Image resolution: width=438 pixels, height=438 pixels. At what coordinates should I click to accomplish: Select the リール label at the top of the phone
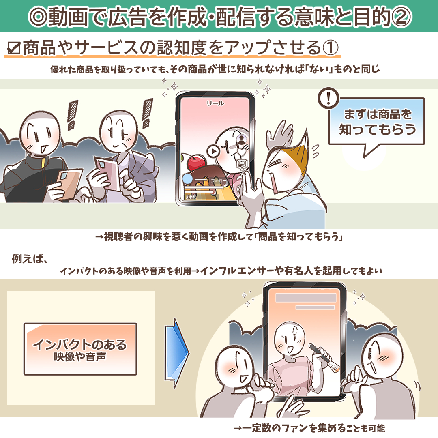215,103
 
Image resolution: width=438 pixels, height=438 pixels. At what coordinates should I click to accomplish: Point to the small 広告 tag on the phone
191,197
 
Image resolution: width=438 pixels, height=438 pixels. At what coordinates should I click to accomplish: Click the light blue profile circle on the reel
188,179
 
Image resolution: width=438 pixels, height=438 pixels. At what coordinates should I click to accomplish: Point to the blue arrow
178,352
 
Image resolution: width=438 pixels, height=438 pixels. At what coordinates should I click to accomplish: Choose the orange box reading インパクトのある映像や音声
80,349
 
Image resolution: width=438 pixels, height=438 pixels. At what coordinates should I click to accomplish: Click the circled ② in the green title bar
401,16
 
